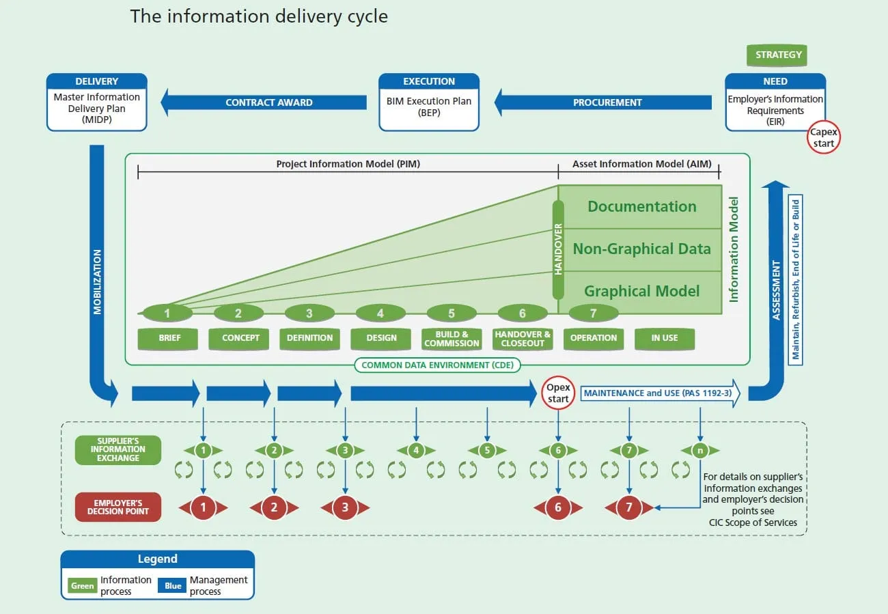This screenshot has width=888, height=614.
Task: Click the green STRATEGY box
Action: pyautogui.click(x=777, y=55)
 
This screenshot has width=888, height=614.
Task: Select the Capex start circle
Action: pyautogui.click(x=823, y=137)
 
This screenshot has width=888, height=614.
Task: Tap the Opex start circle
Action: pyautogui.click(x=558, y=393)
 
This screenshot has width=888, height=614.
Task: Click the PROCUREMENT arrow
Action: pyautogui.click(x=602, y=102)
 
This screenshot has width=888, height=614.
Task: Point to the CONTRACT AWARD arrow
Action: pyautogui.click(x=264, y=102)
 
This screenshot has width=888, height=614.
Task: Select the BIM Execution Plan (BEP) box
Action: pyautogui.click(x=429, y=102)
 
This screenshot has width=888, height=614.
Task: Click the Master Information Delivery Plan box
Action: pyautogui.click(x=97, y=102)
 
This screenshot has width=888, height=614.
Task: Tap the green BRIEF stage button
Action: pyautogui.click(x=167, y=339)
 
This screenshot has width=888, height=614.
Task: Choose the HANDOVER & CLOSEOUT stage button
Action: pyautogui.click(x=523, y=339)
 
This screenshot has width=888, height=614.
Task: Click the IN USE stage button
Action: pyautogui.click(x=665, y=339)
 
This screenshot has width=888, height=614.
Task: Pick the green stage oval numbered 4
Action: pyautogui.click(x=380, y=313)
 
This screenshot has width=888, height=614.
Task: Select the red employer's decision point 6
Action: pyautogui.click(x=558, y=507)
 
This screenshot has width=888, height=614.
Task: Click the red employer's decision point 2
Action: pyautogui.click(x=274, y=507)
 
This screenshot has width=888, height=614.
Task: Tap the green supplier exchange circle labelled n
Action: pyautogui.click(x=700, y=450)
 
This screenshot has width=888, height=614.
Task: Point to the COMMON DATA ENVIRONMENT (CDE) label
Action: pyautogui.click(x=437, y=365)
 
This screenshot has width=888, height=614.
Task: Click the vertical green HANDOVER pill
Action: pyautogui.click(x=558, y=250)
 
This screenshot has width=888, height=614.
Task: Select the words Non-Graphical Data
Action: pyautogui.click(x=642, y=249)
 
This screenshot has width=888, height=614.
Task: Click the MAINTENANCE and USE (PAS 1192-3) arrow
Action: pyautogui.click(x=660, y=393)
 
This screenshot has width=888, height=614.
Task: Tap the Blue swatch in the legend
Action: pyautogui.click(x=172, y=585)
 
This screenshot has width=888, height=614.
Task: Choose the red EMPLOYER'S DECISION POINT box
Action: pyautogui.click(x=118, y=507)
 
